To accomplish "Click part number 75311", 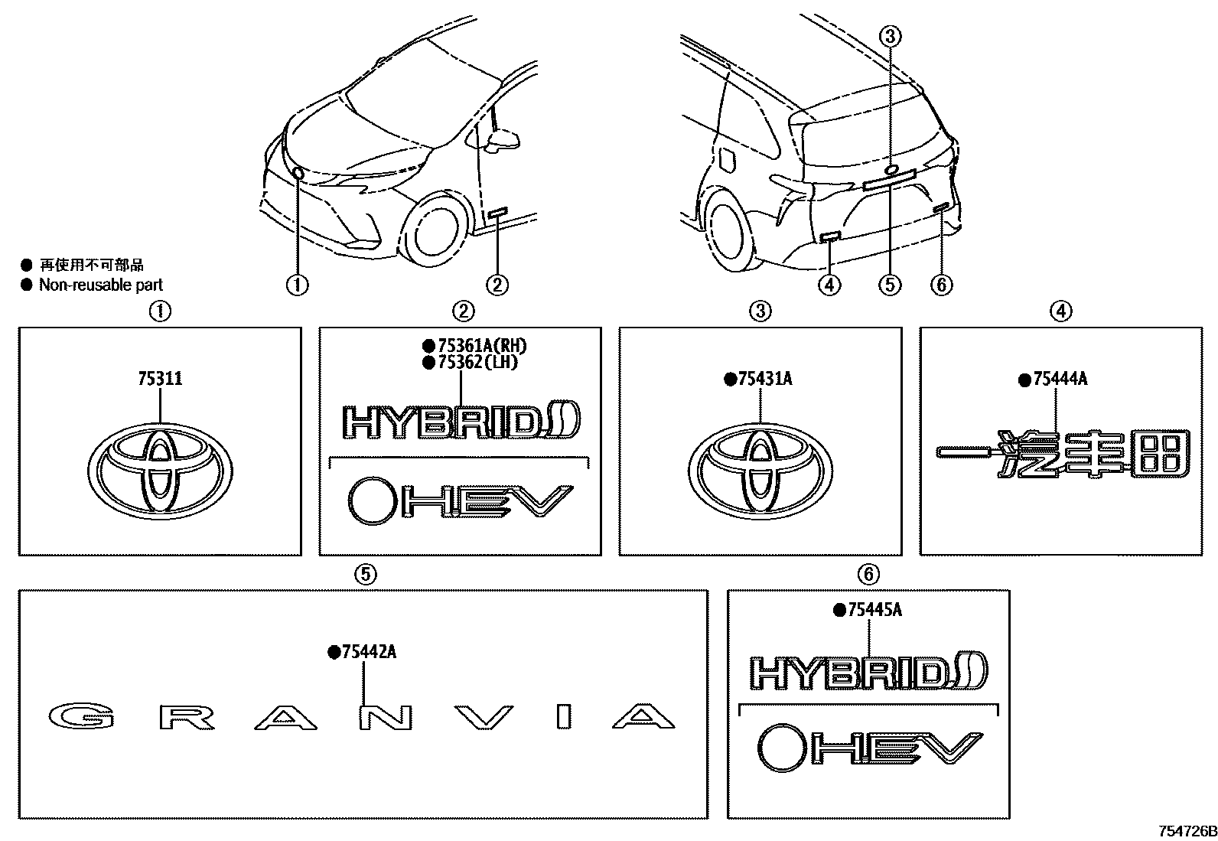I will tap(160, 379).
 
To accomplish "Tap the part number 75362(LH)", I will tap(474, 362).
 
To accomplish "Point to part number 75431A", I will tap(764, 379).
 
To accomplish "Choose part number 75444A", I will tap(1059, 379).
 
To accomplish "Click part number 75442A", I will tap(368, 652).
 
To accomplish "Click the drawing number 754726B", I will tap(1185, 831).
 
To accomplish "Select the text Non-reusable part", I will tap(101, 285).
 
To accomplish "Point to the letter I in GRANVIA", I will tap(565, 716).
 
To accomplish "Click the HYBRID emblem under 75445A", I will tap(868, 672).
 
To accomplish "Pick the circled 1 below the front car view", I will tap(297, 285).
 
